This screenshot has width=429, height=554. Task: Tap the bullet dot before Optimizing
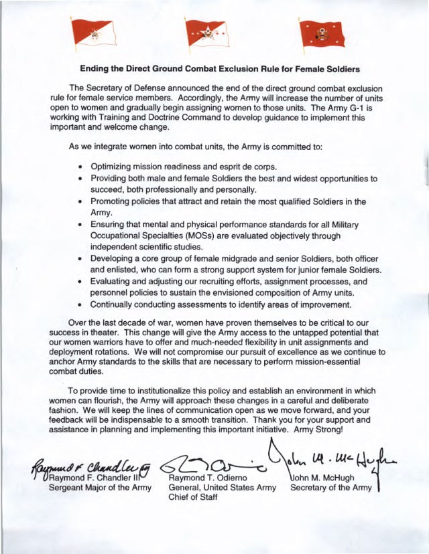[x=80, y=167]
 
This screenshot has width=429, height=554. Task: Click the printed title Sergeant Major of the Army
[x=91, y=487]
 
